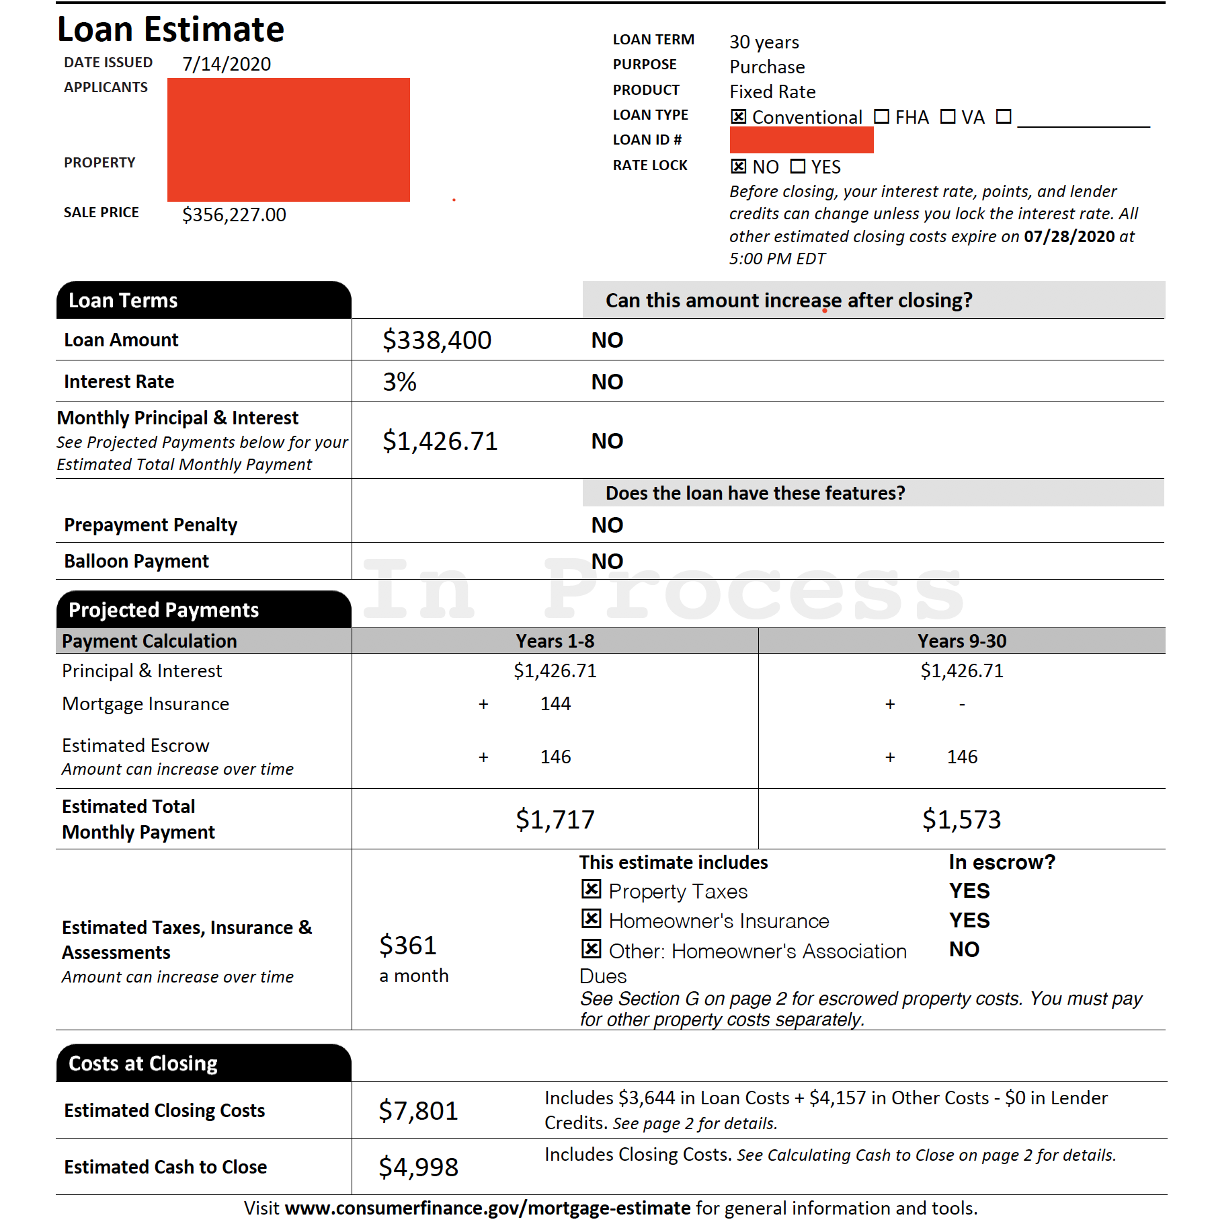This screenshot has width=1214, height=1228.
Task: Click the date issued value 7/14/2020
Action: pyautogui.click(x=227, y=64)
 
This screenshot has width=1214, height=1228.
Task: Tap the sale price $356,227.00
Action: pyautogui.click(x=234, y=215)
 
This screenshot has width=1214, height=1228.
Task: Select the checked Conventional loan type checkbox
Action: pyautogui.click(x=738, y=117)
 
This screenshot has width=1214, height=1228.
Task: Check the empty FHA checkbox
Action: pyautogui.click(x=881, y=117)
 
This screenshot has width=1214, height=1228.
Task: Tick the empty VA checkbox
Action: pyautogui.click(x=947, y=117)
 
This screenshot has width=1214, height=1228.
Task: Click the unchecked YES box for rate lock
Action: pyautogui.click(x=797, y=166)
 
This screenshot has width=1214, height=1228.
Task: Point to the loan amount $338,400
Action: pyautogui.click(x=436, y=340)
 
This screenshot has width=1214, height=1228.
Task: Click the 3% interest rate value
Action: pyautogui.click(x=399, y=382)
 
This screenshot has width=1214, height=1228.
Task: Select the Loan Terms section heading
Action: pyautogui.click(x=123, y=301)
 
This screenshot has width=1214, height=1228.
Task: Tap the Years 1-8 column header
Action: pyautogui.click(x=555, y=641)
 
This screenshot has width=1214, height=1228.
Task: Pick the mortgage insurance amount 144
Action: pyautogui.click(x=555, y=703)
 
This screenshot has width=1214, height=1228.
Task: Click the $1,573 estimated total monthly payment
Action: pyautogui.click(x=961, y=820)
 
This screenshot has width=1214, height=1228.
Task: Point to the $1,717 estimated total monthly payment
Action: pyautogui.click(x=555, y=820)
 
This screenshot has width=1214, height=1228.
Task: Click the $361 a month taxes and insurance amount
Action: pyautogui.click(x=408, y=946)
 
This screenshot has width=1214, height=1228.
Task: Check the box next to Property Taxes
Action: pyautogui.click(x=591, y=890)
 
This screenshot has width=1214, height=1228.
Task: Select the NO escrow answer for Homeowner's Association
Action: pyautogui.click(x=964, y=950)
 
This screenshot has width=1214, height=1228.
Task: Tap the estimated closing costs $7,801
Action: pyautogui.click(x=418, y=1111)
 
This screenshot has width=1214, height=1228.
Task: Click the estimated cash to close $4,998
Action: pyautogui.click(x=418, y=1167)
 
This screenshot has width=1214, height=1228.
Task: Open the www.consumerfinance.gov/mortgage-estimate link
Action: pyautogui.click(x=487, y=1208)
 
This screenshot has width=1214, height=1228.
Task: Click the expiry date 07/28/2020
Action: pyautogui.click(x=1069, y=237)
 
